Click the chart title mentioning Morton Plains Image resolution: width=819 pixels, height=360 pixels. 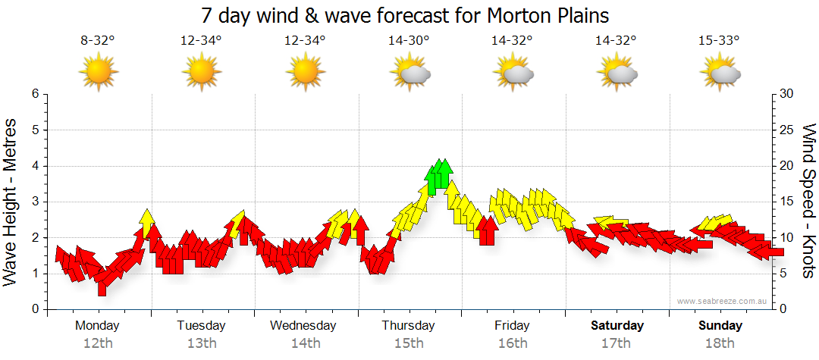tap(406, 15)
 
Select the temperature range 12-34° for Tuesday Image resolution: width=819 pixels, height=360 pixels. tap(201, 41)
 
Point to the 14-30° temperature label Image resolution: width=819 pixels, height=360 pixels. tap(409, 41)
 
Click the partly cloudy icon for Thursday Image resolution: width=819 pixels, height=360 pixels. tap(409, 73)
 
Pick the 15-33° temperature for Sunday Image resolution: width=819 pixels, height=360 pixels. tap(720, 41)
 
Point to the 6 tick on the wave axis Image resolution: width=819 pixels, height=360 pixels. tap(35, 94)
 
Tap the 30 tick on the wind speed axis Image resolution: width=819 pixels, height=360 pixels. tap(788, 94)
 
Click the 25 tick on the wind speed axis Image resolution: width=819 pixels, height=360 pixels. tap(788, 130)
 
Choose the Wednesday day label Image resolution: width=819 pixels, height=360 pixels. tap(303, 326)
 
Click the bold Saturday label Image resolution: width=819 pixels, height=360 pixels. tap(617, 326)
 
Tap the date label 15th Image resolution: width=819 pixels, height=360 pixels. tap(409, 343)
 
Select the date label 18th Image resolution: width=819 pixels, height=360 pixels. tap(720, 343)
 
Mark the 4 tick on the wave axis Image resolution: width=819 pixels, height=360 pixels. tap(35, 166)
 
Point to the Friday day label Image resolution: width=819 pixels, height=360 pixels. tap(513, 326)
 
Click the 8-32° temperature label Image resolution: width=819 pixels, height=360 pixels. tap(98, 41)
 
